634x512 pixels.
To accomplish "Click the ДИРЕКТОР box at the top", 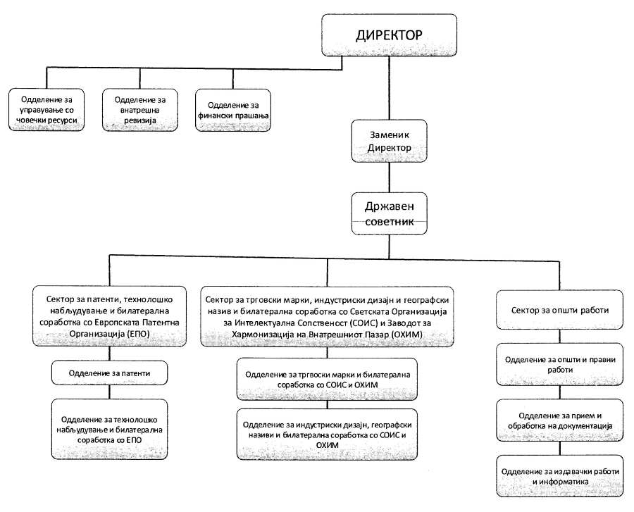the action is click(x=389, y=35).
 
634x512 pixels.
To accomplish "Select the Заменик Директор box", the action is click(x=389, y=141).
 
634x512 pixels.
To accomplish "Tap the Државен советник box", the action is click(x=389, y=213).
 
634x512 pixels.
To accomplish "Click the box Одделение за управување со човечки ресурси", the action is click(x=46, y=110).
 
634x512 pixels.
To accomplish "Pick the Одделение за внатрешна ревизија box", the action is click(x=140, y=110).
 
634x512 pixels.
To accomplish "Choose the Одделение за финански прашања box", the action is click(x=233, y=110).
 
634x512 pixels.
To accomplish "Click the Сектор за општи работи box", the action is click(x=559, y=310).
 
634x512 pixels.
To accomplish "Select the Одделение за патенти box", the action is click(x=109, y=373).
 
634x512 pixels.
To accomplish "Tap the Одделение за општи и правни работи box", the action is click(x=559, y=365).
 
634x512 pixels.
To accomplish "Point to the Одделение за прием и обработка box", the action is click(x=559, y=420).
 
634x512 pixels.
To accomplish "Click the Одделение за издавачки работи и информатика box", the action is click(x=559, y=476).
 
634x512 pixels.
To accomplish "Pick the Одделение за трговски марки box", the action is click(x=327, y=380).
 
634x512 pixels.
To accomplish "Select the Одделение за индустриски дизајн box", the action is click(x=327, y=435).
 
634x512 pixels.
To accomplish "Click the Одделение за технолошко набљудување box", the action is click(x=109, y=429).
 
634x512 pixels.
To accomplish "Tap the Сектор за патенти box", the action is click(x=109, y=316).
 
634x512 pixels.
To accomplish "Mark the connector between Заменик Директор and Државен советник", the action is click(x=389, y=177).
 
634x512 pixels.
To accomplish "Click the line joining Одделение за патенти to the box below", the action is click(x=109, y=392).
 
